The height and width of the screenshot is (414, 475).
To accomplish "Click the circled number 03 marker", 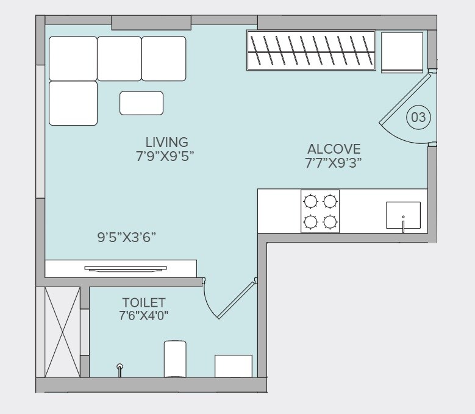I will pyautogui.click(x=419, y=117).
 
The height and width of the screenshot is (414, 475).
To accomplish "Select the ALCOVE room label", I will pyautogui.click(x=334, y=149).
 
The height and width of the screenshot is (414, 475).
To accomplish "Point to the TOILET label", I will pyautogui.click(x=144, y=302).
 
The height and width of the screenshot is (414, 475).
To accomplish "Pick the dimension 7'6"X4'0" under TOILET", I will pyautogui.click(x=144, y=316).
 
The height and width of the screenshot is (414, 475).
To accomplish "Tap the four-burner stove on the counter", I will pyautogui.click(x=320, y=211).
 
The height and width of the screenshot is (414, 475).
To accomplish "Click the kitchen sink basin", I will pyautogui.click(x=403, y=215).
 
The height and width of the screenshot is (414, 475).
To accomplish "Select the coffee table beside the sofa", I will pyautogui.click(x=141, y=103).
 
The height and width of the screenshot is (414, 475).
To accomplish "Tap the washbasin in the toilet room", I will pyautogui.click(x=233, y=366).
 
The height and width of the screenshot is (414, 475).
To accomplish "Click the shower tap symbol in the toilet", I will pyautogui.click(x=120, y=368).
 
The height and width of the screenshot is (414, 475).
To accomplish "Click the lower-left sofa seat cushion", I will pyautogui.click(x=73, y=103).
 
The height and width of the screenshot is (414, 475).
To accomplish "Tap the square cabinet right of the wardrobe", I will pyautogui.click(x=402, y=51).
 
